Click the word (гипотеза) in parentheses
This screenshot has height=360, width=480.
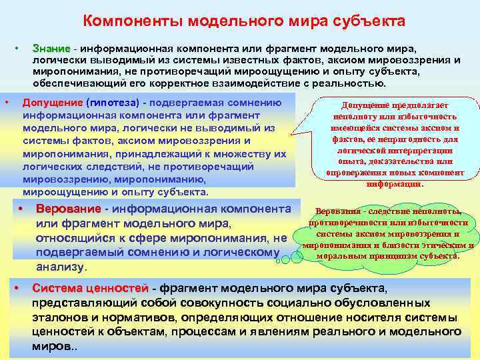pos(112,103)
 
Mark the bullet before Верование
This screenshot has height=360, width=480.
pos(21,209)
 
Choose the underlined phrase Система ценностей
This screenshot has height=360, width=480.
pos(90,288)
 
